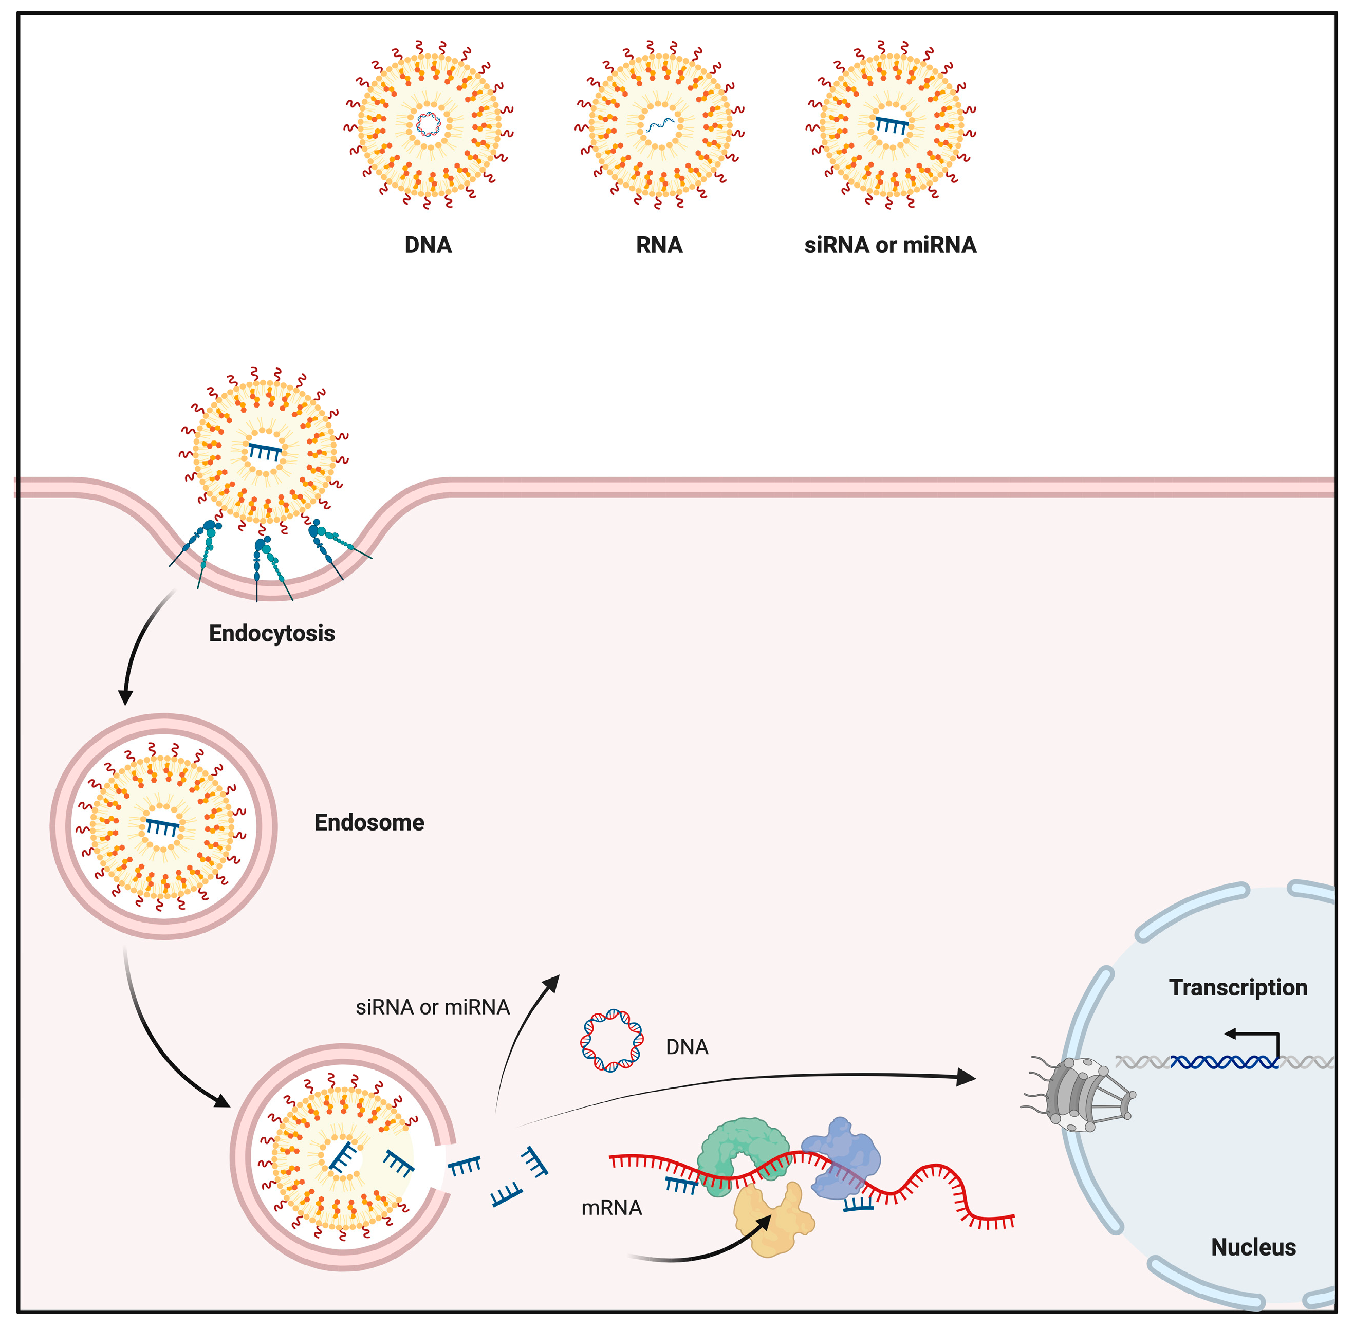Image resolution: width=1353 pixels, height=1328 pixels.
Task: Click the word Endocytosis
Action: point(272,633)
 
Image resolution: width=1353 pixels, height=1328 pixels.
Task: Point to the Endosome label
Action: point(369,822)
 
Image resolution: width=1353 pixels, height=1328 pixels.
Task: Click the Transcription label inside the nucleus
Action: point(1238,988)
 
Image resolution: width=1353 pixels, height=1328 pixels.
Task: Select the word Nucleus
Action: point(1253,1247)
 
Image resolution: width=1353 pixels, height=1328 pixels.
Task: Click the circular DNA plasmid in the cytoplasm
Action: point(611,1040)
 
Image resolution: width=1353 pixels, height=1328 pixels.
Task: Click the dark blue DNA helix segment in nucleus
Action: point(1224,1062)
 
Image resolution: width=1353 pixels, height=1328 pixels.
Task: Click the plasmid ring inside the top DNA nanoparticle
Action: point(428,125)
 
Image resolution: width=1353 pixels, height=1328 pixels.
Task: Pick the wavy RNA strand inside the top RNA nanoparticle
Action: point(659,125)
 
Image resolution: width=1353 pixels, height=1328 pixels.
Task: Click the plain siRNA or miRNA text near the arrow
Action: point(432,1007)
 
